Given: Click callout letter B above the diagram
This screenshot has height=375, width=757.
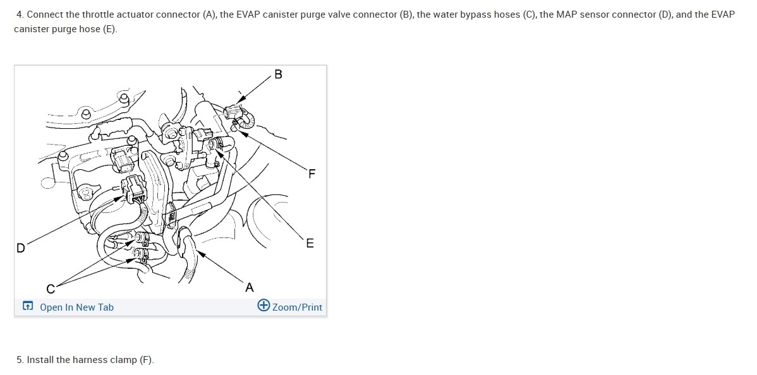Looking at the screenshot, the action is point(278,74).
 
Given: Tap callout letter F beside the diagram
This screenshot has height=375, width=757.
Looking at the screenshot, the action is point(312,174).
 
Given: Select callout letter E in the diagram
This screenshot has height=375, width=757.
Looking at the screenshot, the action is point(310,243).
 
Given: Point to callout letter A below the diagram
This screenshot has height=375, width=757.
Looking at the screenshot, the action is point(249,288).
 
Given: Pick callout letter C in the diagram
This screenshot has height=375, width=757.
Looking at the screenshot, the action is point(51,289).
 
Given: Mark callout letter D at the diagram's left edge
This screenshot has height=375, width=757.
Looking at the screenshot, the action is point(20,248).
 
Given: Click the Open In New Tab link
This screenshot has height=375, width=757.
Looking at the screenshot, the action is point(76,307).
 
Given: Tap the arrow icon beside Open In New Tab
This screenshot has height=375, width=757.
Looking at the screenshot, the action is point(28,306).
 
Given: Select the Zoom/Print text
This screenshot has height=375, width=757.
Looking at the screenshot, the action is point(297,307).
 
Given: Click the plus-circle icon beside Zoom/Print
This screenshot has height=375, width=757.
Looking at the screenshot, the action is point(263,306).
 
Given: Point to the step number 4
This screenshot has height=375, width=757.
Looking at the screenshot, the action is point(20,15).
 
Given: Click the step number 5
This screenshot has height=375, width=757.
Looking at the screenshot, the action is point(20,360).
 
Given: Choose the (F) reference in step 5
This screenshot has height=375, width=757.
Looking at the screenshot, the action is point(147,360).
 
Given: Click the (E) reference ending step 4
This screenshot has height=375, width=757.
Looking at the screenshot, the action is point(109,30).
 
